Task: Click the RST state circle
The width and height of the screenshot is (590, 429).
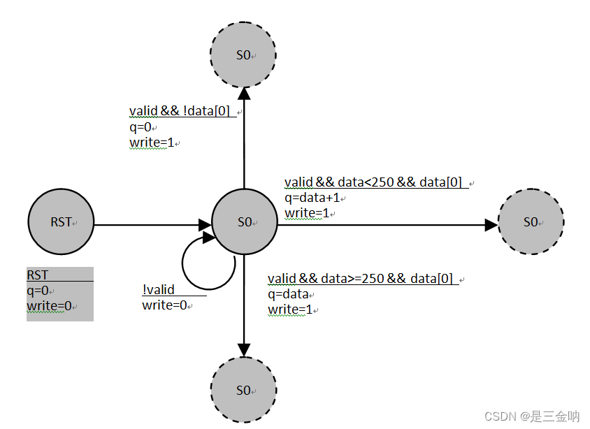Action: (61, 222)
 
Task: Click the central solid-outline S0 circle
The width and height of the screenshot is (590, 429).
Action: (244, 222)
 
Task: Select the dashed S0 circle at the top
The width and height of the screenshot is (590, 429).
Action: (244, 54)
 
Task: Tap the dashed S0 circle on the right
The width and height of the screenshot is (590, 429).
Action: (531, 222)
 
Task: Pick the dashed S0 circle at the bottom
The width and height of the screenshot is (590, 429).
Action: (244, 390)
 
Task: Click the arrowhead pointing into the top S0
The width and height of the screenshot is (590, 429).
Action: (244, 94)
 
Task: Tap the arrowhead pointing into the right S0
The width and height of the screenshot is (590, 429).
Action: (491, 225)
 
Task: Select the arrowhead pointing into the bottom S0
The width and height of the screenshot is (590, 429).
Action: (244, 349)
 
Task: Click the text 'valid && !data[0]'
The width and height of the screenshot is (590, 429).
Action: (180, 112)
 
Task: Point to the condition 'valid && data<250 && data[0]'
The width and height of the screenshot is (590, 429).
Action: (373, 182)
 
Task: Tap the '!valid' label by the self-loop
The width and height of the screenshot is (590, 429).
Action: (159, 290)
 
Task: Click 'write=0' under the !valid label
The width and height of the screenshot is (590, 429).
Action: (166, 305)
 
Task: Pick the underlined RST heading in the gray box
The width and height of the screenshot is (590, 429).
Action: (38, 275)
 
